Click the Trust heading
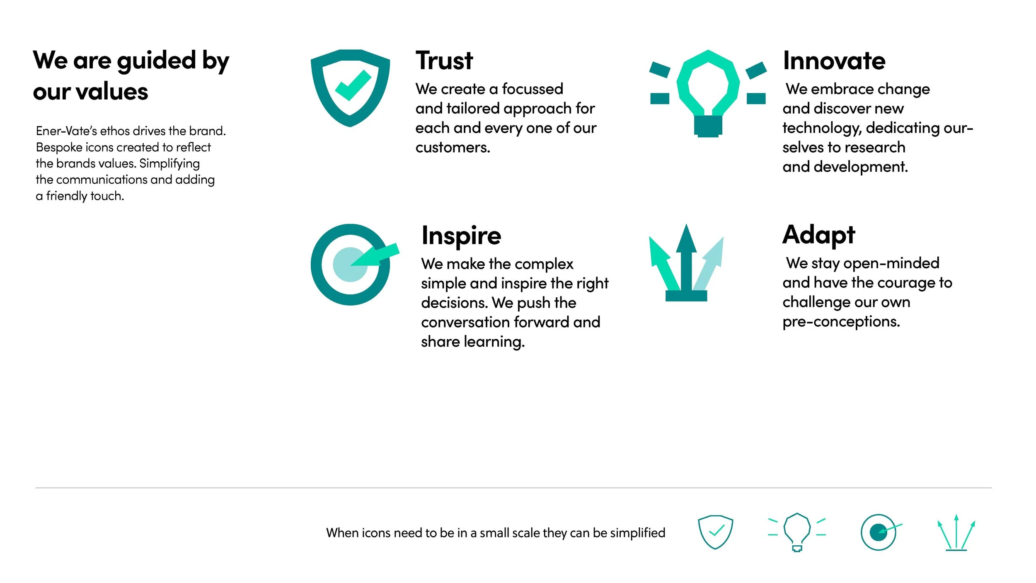tap(444, 61)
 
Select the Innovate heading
tap(834, 61)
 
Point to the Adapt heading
tap(818, 235)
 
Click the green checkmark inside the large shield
tap(353, 85)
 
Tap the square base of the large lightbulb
tap(708, 126)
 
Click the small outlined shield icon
tap(715, 532)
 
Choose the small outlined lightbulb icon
tap(796, 532)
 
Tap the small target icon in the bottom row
tap(879, 532)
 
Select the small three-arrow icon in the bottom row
tap(956, 533)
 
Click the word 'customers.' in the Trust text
tap(453, 148)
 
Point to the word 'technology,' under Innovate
tap(822, 129)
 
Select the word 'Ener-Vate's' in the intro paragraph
tap(66, 131)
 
